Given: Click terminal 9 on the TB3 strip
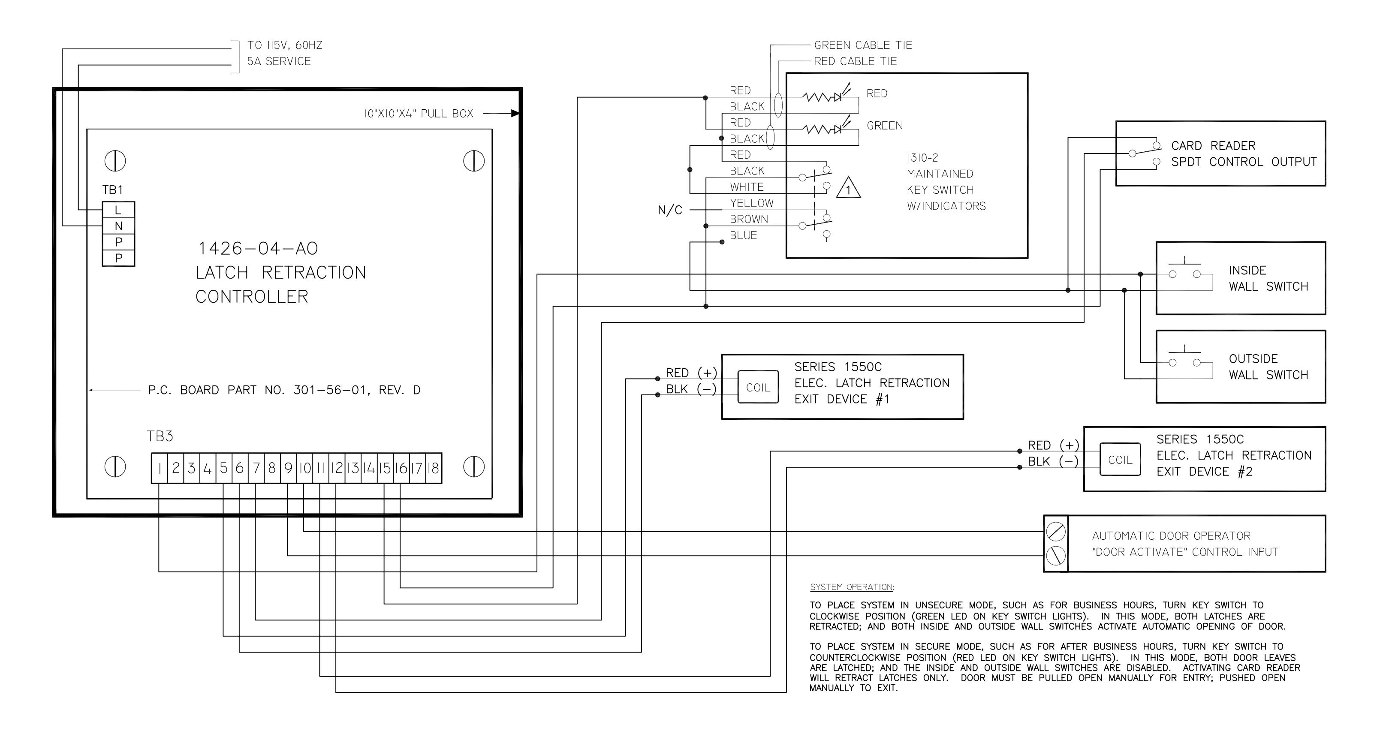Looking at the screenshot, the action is point(288,469).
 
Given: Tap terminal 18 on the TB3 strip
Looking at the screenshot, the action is point(434,469).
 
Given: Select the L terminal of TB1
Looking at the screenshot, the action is point(118,210).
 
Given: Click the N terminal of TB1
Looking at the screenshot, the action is point(118,226).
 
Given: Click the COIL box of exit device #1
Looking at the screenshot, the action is point(758,387).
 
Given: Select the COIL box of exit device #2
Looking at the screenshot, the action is point(1120,460).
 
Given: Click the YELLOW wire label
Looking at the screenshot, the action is point(752,203).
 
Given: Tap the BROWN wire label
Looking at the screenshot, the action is point(749,219).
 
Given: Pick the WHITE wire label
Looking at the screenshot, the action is point(747,187).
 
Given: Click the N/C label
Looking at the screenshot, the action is point(670,210).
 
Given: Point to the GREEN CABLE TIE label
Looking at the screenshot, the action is point(863,45).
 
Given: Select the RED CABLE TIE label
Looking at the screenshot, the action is point(856,61).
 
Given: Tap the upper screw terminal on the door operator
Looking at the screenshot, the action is point(1056,532).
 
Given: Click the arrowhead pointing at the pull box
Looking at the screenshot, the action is point(515,113).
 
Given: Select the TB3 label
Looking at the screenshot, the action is point(160,436).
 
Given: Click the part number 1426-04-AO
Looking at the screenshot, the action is point(258,249).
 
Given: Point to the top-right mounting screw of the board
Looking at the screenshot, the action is point(474,161).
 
